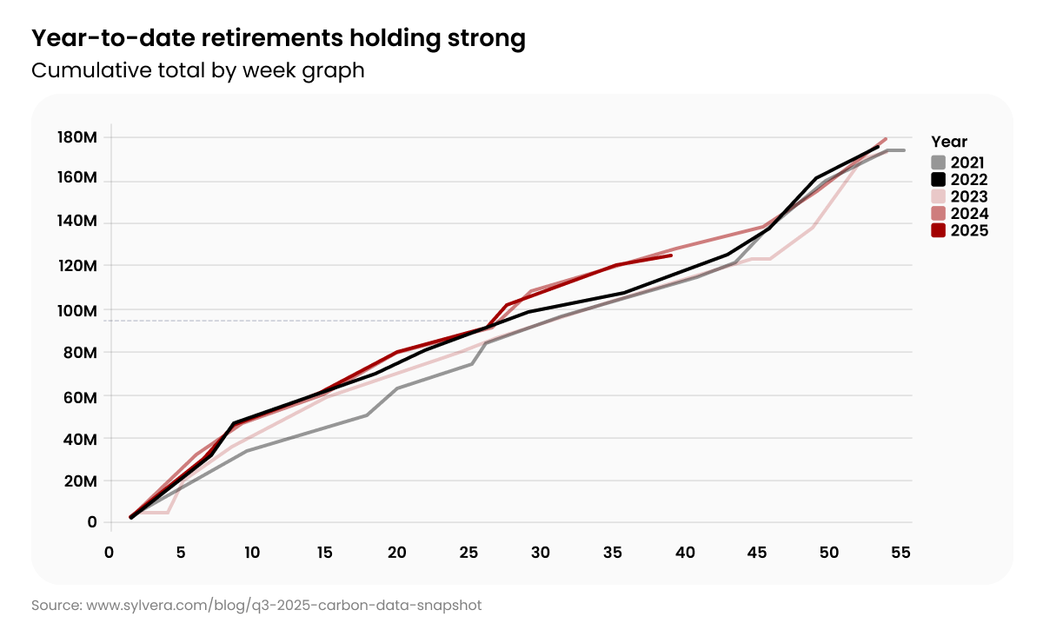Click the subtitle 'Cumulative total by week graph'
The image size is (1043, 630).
pyautogui.click(x=197, y=70)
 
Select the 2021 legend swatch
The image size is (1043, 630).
pyautogui.click(x=938, y=162)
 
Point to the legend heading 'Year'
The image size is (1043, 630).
pyautogui.click(x=948, y=142)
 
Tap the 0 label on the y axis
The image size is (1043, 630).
pyautogui.click(x=92, y=522)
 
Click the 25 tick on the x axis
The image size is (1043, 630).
pyautogui.click(x=468, y=553)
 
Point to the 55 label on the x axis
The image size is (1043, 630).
pyautogui.click(x=900, y=553)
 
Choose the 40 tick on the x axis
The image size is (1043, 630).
pyautogui.click(x=684, y=553)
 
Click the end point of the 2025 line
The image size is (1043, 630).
pyautogui.click(x=671, y=255)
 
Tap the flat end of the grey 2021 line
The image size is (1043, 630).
pyautogui.click(x=897, y=150)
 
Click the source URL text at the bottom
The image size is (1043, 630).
pyautogui.click(x=256, y=604)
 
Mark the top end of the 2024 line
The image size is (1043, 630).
pyautogui.click(x=885, y=139)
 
